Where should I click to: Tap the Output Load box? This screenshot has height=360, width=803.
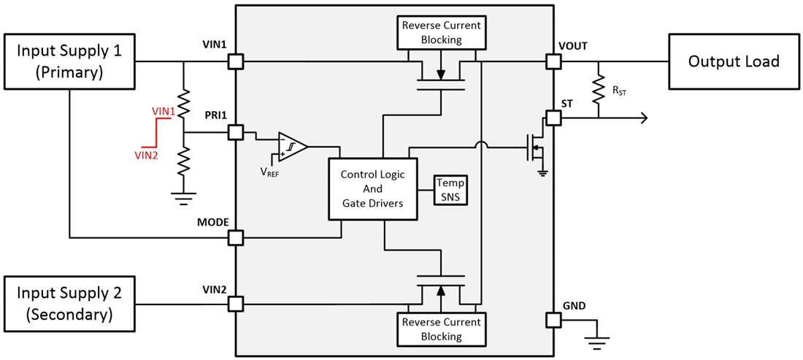click(734, 61)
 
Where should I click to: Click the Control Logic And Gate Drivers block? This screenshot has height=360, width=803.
click(372, 189)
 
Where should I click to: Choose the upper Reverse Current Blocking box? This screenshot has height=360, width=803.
click(442, 33)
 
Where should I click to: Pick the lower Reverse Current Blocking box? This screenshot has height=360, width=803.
click(442, 329)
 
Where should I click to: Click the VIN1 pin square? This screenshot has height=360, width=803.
click(236, 62)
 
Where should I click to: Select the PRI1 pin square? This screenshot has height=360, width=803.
click(236, 132)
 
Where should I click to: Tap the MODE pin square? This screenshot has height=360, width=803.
click(236, 237)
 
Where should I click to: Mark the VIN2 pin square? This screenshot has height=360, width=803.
click(236, 304)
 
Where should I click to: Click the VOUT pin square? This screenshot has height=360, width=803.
click(553, 62)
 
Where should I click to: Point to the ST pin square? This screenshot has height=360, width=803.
click(553, 118)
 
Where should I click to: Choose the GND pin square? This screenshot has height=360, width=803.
click(553, 320)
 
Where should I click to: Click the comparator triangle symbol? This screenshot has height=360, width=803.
click(291, 146)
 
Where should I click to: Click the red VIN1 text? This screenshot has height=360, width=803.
click(164, 110)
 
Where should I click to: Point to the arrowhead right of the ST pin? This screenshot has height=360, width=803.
click(644, 118)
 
